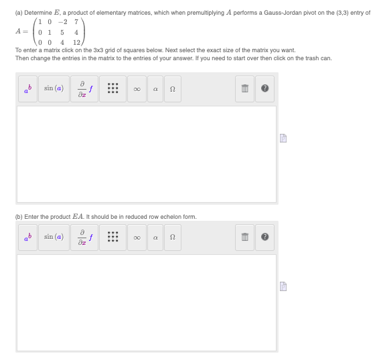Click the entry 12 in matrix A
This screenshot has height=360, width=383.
[x=77, y=43]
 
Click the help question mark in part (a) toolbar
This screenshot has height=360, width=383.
[x=264, y=89]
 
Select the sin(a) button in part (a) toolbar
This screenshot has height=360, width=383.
[x=53, y=88]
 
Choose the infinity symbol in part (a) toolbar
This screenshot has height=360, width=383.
[x=137, y=89]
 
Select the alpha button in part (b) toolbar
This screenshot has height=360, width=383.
[x=154, y=238]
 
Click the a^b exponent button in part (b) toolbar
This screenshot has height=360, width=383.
[x=27, y=238]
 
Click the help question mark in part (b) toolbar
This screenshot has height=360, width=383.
[x=264, y=238]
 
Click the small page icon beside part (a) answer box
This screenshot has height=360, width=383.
[x=283, y=139]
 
